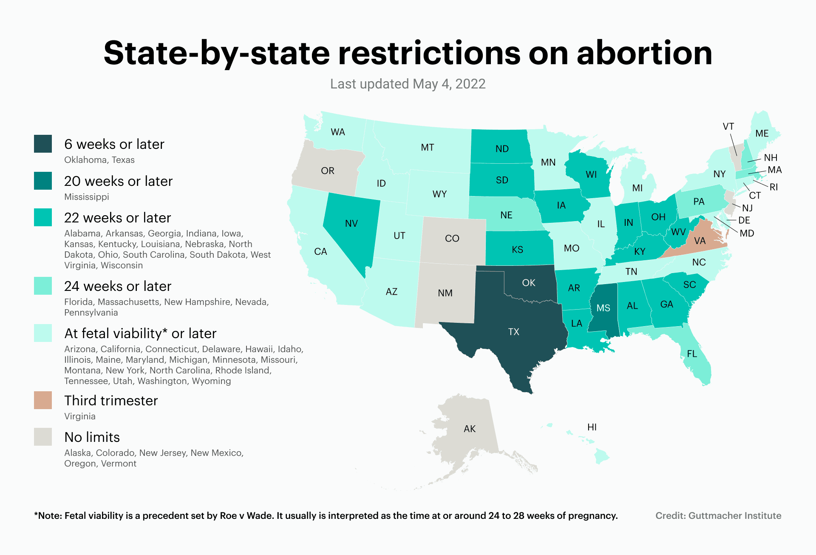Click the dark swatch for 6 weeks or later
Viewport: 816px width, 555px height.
(43, 144)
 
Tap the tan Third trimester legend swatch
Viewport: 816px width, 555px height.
(43, 400)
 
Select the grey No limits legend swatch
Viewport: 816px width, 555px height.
(43, 437)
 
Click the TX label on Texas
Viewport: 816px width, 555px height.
(513, 332)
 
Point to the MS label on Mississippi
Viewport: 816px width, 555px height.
(603, 308)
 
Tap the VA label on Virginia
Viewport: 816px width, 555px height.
(700, 241)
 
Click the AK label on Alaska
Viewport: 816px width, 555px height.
(470, 429)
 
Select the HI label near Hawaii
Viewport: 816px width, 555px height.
(592, 427)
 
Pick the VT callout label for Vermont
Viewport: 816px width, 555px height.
(728, 126)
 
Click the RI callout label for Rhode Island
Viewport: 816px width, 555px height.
(773, 187)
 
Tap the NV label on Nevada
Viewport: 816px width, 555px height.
(351, 223)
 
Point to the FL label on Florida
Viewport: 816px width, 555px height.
(692, 353)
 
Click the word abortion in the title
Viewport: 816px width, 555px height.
(644, 53)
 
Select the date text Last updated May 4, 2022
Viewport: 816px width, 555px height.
(408, 84)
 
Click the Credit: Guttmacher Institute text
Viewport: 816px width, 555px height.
(718, 515)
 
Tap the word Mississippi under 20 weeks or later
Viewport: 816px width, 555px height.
(87, 197)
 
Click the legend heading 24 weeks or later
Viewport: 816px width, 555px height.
(118, 286)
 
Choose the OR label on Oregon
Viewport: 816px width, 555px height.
(328, 171)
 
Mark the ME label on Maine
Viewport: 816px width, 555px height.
(762, 134)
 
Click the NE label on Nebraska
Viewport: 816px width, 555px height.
(506, 215)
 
